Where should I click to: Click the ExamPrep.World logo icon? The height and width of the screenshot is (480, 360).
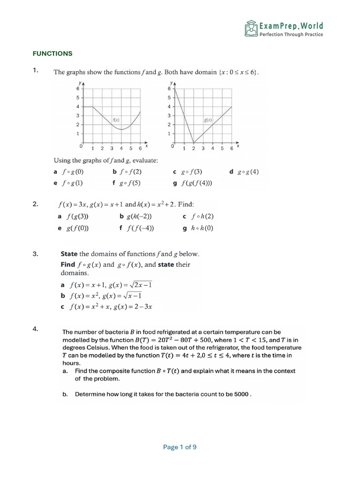click(251, 29)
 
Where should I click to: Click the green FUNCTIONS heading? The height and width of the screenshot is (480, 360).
click(52, 53)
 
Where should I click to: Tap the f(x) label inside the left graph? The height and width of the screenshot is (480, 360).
click(116, 120)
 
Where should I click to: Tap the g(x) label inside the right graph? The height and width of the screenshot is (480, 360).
click(208, 120)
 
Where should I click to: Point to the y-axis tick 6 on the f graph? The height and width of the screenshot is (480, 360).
click(78, 89)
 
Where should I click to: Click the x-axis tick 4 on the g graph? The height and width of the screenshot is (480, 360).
click(212, 149)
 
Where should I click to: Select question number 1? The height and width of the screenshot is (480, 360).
click(35, 70)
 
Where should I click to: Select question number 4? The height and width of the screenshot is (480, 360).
click(35, 329)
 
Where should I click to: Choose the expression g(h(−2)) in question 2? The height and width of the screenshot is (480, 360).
click(139, 216)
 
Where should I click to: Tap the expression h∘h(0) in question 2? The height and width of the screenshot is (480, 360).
click(202, 228)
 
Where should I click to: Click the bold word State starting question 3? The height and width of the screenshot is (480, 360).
click(69, 254)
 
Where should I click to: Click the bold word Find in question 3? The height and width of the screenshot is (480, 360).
click(68, 264)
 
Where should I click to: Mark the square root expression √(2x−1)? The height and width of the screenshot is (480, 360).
click(140, 285)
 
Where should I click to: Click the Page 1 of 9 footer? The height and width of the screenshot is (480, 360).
click(180, 447)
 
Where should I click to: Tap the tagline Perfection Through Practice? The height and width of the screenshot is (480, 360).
click(291, 35)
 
